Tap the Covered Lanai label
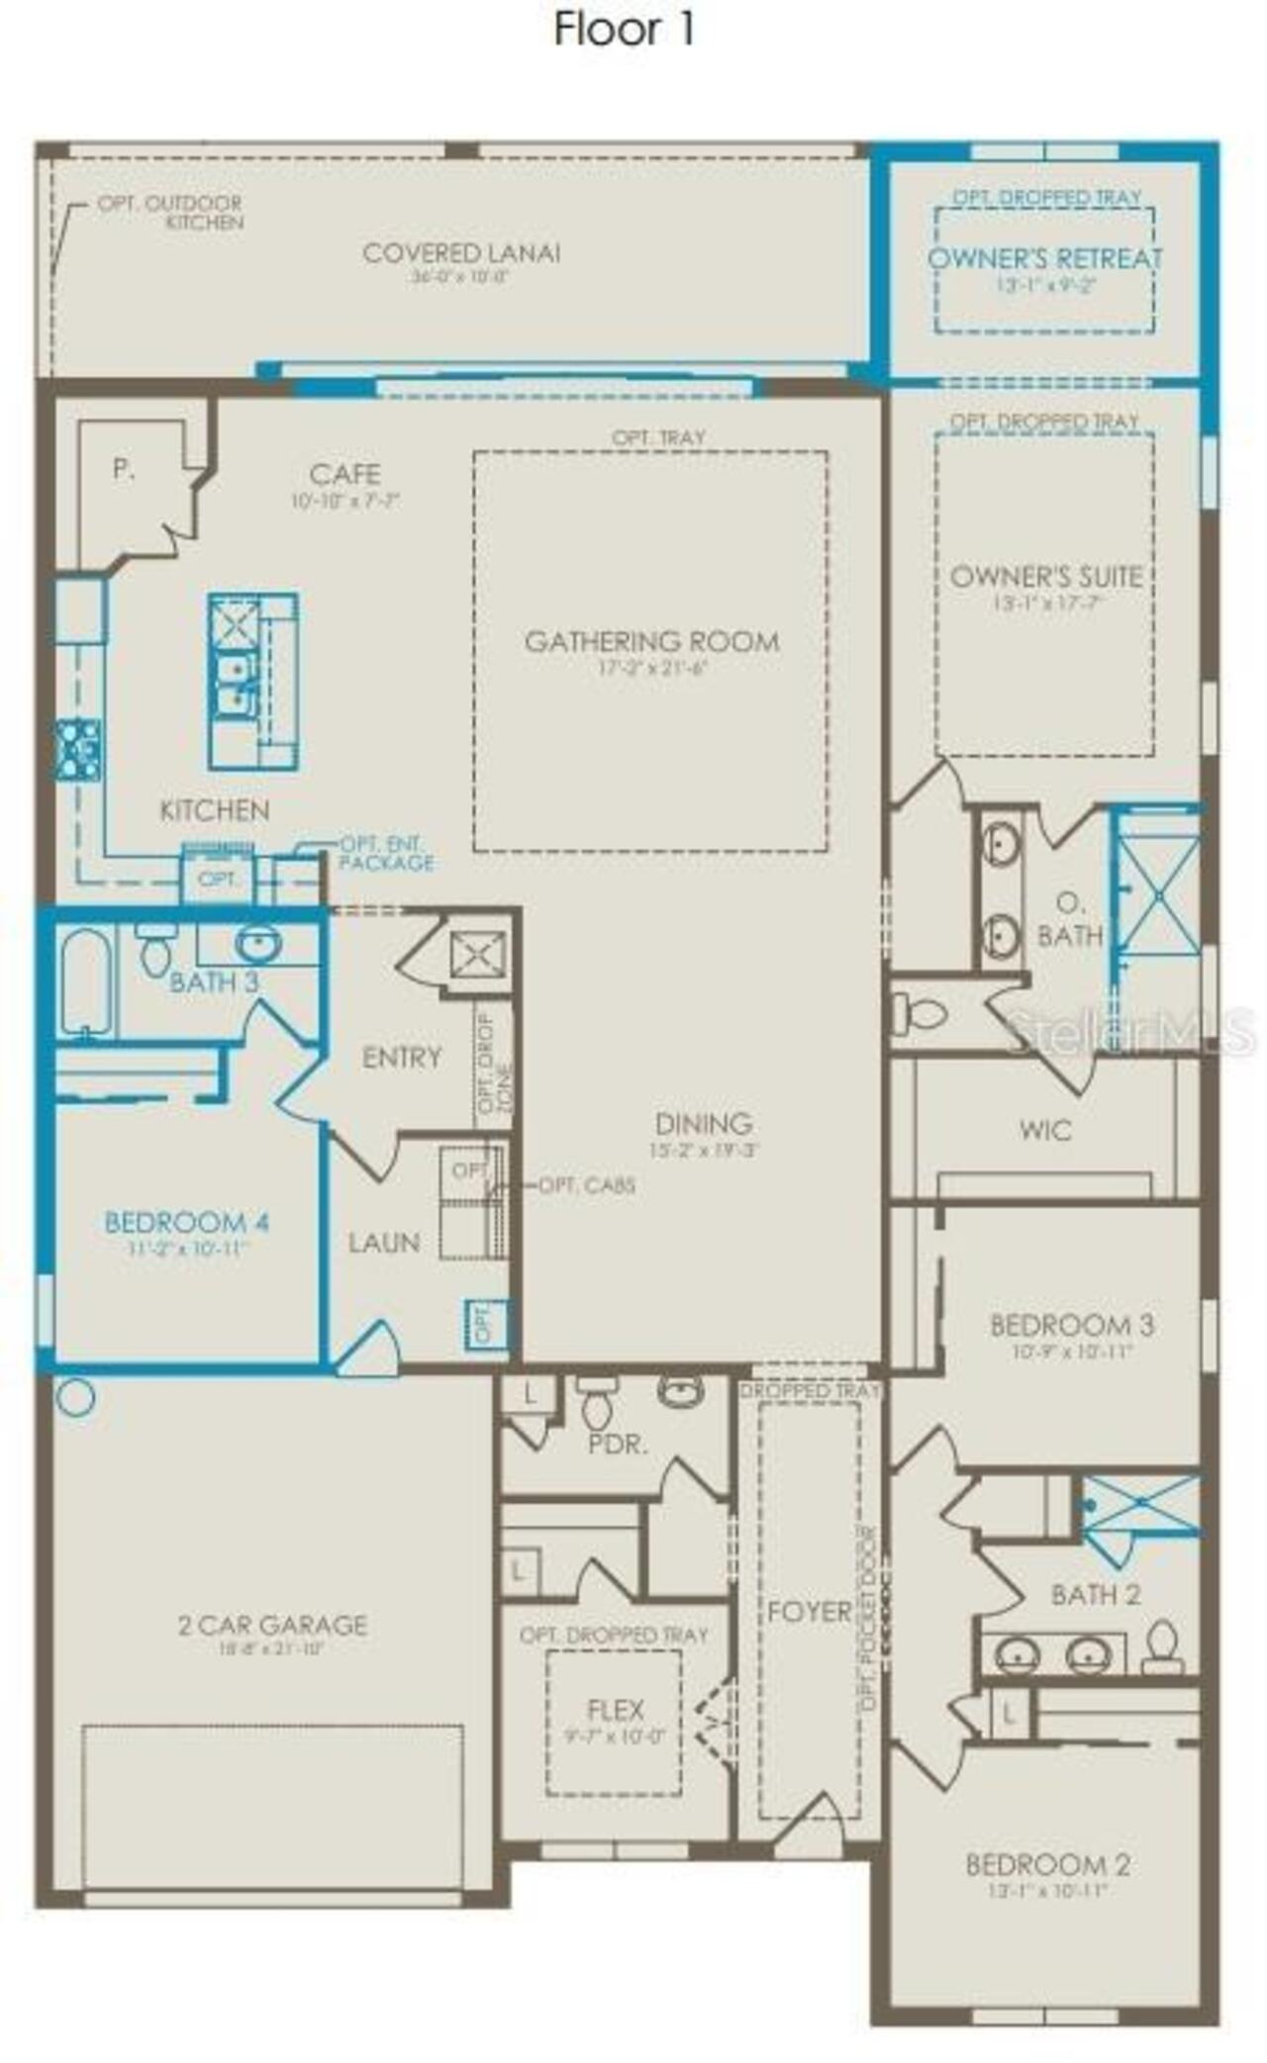click(x=461, y=253)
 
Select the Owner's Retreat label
click(x=1044, y=259)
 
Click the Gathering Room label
click(x=651, y=642)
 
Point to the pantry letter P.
click(x=123, y=469)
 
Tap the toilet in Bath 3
click(x=155, y=951)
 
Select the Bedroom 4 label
click(x=186, y=1222)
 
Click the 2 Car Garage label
click(x=272, y=1625)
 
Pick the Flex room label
click(x=615, y=1710)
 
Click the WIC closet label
click(x=1044, y=1130)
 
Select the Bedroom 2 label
click(x=1047, y=1865)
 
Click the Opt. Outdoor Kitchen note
click(x=169, y=213)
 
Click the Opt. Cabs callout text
click(x=586, y=1185)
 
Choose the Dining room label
click(x=703, y=1124)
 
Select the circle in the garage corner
click(x=75, y=1397)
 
